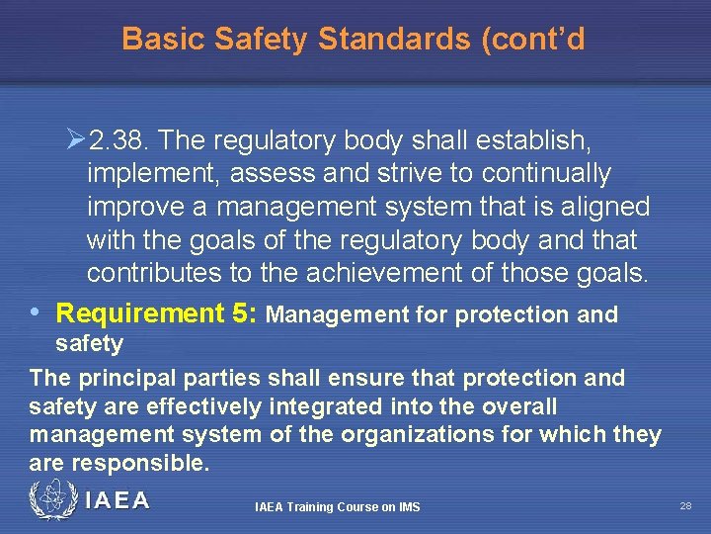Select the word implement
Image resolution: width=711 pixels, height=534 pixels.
click(x=149, y=175)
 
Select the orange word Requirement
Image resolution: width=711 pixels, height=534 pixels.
click(x=140, y=314)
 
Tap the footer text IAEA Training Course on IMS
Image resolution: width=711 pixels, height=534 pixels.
click(x=337, y=507)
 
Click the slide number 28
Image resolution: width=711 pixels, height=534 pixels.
click(x=685, y=505)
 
